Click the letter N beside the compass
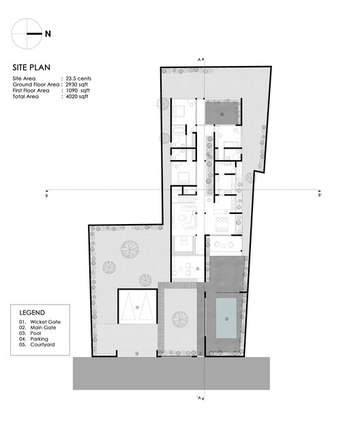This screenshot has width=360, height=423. (47, 32)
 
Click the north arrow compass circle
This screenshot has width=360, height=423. (27, 32)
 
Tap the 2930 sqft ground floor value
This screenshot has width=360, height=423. (80, 85)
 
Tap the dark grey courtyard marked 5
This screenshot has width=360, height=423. (221, 113)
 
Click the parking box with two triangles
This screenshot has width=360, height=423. (138, 307)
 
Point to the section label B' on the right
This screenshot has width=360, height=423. (319, 195)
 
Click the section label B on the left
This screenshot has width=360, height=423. (46, 195)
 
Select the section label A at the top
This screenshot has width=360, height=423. (199, 61)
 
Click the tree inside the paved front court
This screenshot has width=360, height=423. (180, 318)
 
